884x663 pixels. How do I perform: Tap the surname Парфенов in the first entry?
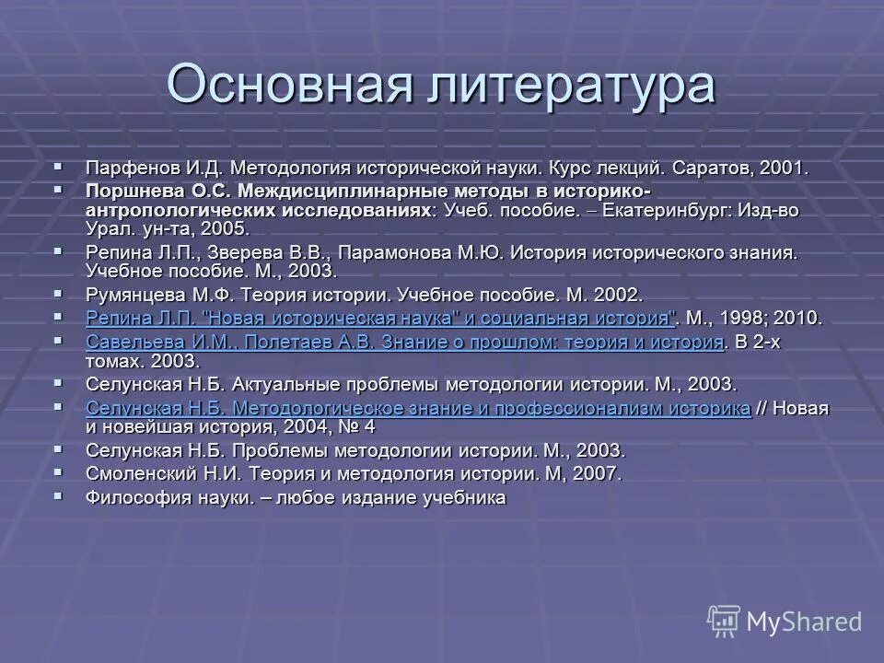tap(126, 169)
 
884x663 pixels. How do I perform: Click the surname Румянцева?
tap(134, 295)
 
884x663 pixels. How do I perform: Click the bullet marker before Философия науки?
tap(61, 496)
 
